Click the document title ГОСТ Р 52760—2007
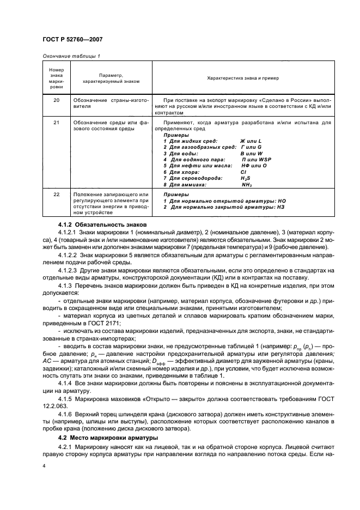click(72, 39)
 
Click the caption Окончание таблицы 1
click(71, 56)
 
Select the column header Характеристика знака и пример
click(243, 78)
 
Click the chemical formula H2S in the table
click(246, 178)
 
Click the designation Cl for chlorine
click(243, 172)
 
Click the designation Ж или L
click(251, 141)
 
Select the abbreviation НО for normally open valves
click(281, 201)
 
